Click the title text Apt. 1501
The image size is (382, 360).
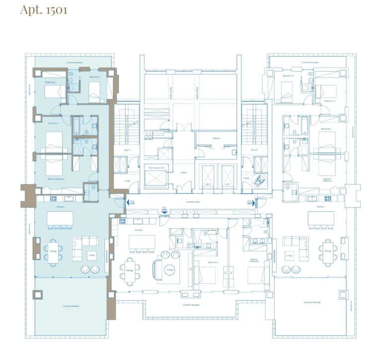point(44,10)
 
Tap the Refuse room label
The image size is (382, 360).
point(216,138)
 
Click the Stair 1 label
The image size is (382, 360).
point(127,149)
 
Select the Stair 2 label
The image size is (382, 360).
point(254,149)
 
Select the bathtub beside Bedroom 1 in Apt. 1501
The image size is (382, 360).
point(77,126)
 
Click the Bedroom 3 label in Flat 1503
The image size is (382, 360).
point(286,76)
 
